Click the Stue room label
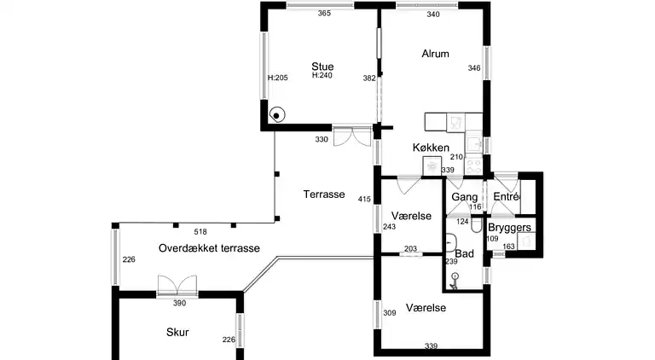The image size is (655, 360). [322, 66]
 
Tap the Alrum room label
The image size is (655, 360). [435, 54]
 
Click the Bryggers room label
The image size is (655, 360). [510, 228]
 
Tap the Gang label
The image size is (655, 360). [464, 197]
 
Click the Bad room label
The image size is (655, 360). [464, 254]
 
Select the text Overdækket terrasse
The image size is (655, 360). [209, 247]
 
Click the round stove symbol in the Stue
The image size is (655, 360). [277, 115]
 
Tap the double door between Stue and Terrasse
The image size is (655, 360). [351, 136]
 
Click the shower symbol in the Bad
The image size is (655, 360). [455, 277]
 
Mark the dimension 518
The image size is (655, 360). [200, 232]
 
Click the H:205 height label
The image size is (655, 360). [276, 78]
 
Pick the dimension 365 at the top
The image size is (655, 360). [324, 14]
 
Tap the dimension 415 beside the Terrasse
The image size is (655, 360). [364, 200]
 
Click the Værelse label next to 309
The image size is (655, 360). [427, 307]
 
